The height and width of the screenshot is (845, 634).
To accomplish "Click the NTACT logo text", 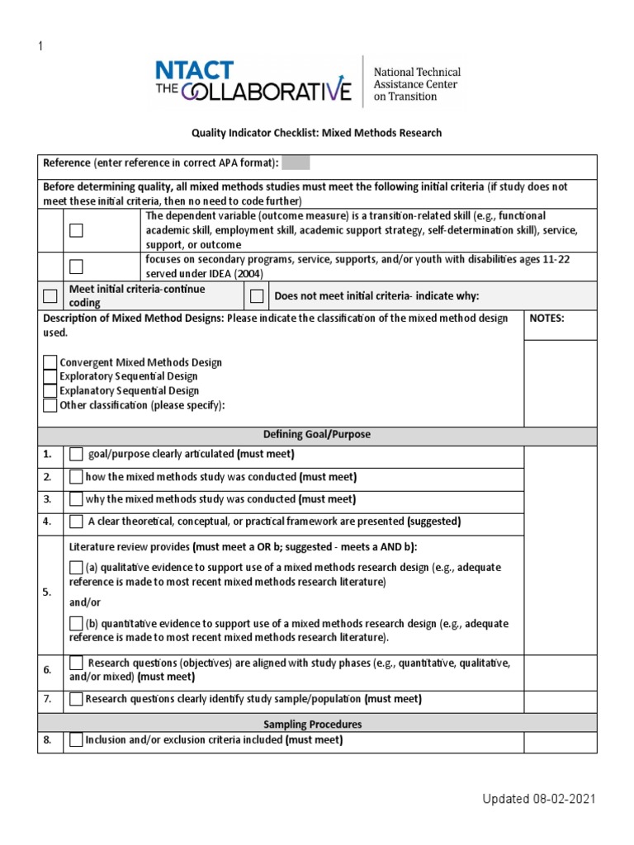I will pyautogui.click(x=196, y=70).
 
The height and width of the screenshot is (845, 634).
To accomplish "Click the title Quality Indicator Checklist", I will pyautogui.click(x=317, y=133).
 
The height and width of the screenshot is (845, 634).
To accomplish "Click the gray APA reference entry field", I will pyautogui.click(x=296, y=163).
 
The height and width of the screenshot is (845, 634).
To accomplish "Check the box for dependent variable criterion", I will pyautogui.click(x=77, y=230).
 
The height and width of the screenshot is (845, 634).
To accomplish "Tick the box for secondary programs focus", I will pyautogui.click(x=77, y=266).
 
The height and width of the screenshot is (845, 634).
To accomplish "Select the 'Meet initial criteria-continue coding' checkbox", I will pyautogui.click(x=51, y=296).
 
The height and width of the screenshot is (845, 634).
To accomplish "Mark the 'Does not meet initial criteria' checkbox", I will pyautogui.click(x=257, y=296).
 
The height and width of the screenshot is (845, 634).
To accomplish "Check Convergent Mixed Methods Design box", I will pyautogui.click(x=50, y=362).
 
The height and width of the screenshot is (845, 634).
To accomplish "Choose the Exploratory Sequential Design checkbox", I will pyautogui.click(x=50, y=376).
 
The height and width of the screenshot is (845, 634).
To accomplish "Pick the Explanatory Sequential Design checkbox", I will pyautogui.click(x=50, y=391).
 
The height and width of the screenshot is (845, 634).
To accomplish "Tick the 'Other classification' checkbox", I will pyautogui.click(x=50, y=405).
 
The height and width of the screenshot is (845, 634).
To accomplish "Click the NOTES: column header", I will pyautogui.click(x=546, y=319).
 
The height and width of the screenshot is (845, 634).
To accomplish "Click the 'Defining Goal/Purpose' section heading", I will pyautogui.click(x=317, y=434).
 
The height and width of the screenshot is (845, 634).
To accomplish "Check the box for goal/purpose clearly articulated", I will pyautogui.click(x=77, y=455).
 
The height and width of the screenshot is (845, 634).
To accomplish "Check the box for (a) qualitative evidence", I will pyautogui.click(x=77, y=568).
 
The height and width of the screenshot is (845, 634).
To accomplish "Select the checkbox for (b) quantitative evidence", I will pyautogui.click(x=77, y=624).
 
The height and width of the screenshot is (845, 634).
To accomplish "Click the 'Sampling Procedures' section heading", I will pyautogui.click(x=317, y=724).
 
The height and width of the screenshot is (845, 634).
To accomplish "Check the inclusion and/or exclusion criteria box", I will pyautogui.click(x=77, y=741).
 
